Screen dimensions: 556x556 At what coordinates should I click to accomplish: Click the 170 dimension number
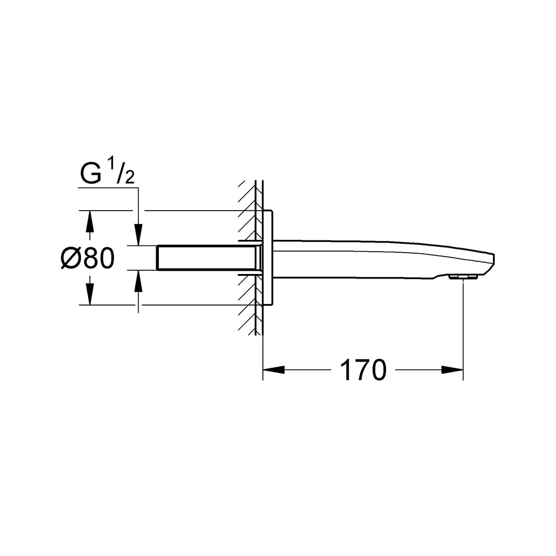[x=363, y=370]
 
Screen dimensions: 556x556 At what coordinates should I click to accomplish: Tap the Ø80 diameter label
[x=88, y=258]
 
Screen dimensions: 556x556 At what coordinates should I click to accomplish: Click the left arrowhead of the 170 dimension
[x=274, y=370]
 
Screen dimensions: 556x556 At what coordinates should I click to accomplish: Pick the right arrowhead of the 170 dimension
[x=452, y=370]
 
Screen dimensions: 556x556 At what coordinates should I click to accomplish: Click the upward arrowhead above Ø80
[x=90, y=222]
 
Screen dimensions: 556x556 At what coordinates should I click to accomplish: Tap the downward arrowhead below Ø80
[x=90, y=294]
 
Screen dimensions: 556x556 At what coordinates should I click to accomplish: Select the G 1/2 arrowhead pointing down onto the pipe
[x=138, y=234]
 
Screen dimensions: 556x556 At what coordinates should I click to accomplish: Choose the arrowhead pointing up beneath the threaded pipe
[x=138, y=281]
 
